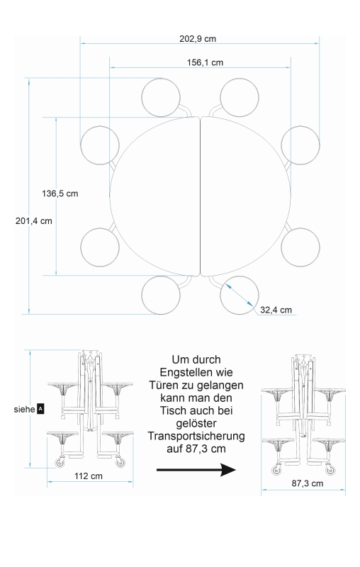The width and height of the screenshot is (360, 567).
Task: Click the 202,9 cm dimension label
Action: tap(198, 39)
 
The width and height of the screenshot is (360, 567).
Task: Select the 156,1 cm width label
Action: tap(205, 62)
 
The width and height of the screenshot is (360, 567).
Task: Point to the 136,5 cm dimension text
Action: tap(60, 193)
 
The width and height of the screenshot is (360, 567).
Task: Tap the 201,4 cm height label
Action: tap(33, 221)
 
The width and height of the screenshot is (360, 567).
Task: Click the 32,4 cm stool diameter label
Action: tap(276, 310)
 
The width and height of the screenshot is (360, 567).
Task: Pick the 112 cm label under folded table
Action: tap(89, 476)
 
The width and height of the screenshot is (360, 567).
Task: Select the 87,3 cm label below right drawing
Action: tap(308, 483)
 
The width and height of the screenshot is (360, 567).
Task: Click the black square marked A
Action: tap(40, 410)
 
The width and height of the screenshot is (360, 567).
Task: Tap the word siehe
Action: tap(25, 410)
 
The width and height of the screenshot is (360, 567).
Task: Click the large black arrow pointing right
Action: tap(196, 470)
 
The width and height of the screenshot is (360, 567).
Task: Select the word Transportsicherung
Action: tap(196, 436)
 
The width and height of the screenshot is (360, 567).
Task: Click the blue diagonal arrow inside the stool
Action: tap(240, 295)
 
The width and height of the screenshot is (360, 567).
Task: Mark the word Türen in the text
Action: tap(164, 385)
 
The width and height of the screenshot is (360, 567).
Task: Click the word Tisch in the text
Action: tap(172, 410)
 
